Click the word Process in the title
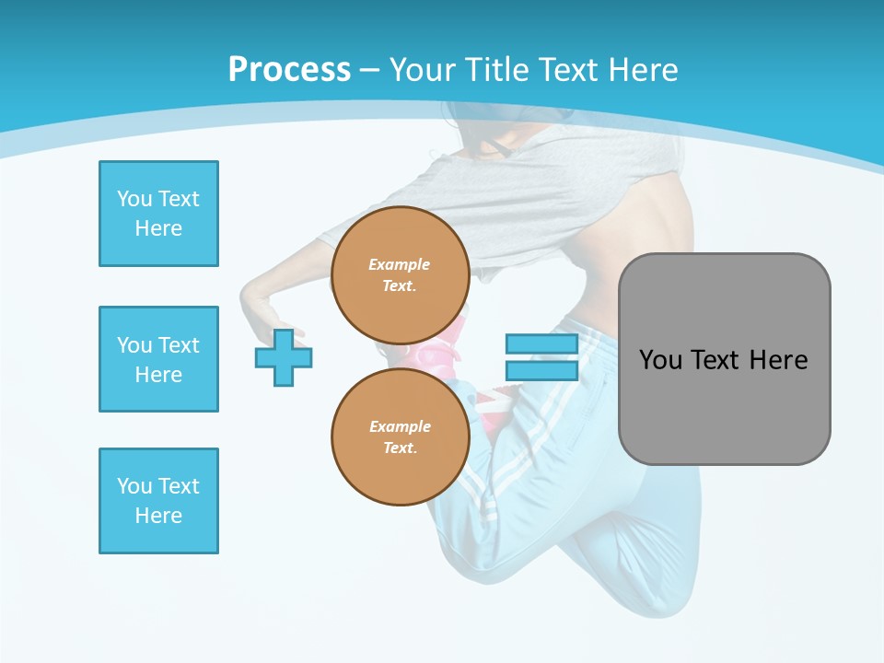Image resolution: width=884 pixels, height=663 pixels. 289,70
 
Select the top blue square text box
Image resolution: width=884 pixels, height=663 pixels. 158,214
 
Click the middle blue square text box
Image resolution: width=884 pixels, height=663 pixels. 158,359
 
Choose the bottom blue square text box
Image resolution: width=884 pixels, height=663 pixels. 158,501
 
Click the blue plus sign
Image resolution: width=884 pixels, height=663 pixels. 284,357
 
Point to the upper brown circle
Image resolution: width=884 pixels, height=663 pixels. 400,275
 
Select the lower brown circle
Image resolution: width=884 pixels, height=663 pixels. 400,437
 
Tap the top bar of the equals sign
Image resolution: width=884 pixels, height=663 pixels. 541,344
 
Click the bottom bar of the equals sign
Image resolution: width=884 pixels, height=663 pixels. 541,370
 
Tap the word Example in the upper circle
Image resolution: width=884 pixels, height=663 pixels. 400,264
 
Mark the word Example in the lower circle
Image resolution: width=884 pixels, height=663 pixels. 400,426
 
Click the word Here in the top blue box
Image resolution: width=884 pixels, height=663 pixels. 158,228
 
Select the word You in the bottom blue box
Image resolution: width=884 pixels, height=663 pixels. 134,486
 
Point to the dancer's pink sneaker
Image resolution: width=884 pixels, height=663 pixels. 440,350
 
